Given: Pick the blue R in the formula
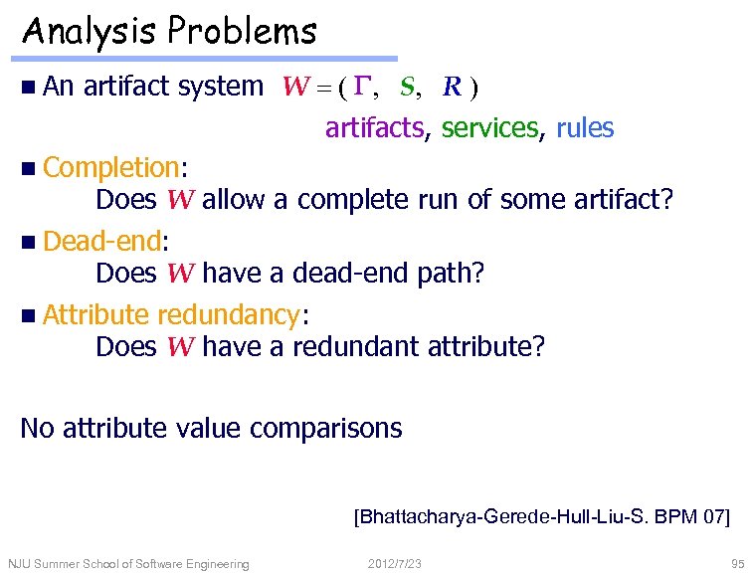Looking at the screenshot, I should tap(452, 87).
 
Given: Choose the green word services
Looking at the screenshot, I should tap(491, 128).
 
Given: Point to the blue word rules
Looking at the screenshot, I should tap(585, 128).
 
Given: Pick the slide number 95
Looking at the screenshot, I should tap(735, 564).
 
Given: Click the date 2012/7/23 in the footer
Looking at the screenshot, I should tap(395, 564).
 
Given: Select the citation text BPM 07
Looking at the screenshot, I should tap(691, 516).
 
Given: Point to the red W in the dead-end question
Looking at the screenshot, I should tap(181, 274).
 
